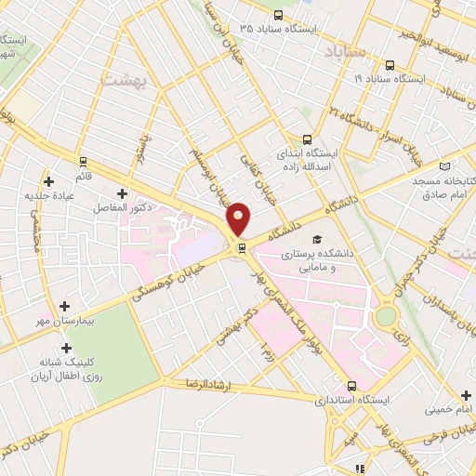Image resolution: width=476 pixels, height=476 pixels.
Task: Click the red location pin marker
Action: click(x=239, y=218)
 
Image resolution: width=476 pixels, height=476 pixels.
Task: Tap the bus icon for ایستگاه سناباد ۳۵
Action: click(x=279, y=15)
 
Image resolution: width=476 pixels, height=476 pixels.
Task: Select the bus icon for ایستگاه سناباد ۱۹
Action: click(x=389, y=65)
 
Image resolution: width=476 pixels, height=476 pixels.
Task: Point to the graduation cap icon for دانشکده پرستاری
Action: click(x=319, y=240)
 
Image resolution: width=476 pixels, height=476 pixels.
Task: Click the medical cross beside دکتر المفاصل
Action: click(x=122, y=193)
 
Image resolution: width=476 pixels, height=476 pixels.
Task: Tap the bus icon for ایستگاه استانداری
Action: click(x=350, y=386)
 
